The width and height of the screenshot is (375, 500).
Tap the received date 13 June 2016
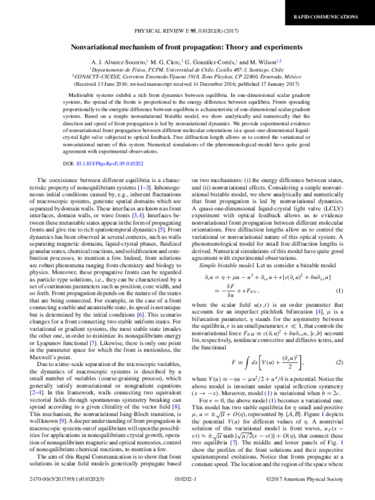(x=125, y=86)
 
